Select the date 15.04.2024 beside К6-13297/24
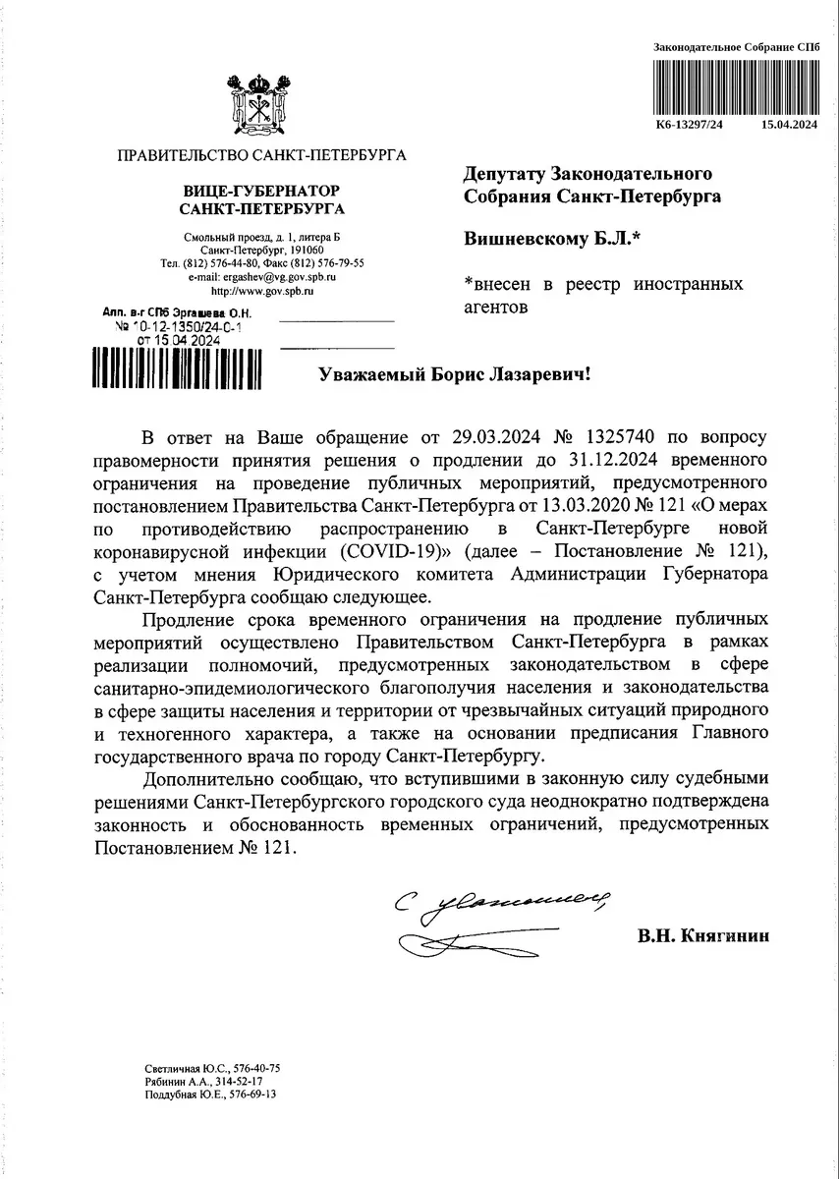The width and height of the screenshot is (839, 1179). (x=790, y=125)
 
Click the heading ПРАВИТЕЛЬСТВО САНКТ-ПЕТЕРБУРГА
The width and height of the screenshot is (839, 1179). (x=261, y=154)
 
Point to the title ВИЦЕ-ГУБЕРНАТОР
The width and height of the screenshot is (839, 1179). (x=261, y=190)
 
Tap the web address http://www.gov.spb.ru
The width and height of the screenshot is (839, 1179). (x=261, y=292)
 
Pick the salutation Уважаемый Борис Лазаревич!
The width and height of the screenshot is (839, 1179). (x=456, y=374)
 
